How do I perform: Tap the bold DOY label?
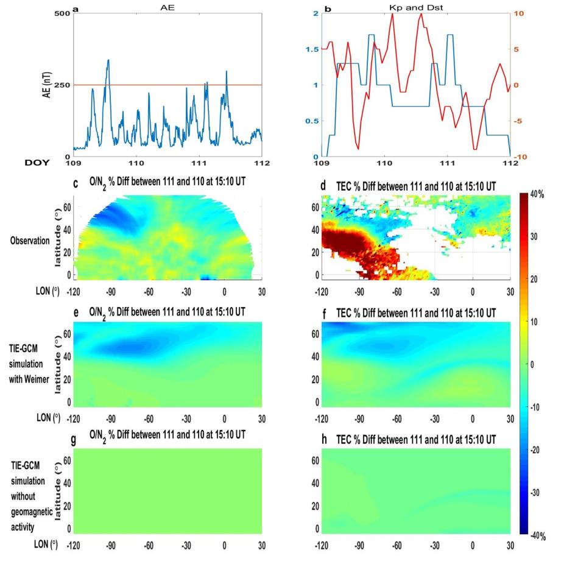(37, 163)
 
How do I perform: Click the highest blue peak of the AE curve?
(108, 60)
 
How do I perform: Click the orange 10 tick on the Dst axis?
(524, 13)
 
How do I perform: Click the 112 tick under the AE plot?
(261, 164)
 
